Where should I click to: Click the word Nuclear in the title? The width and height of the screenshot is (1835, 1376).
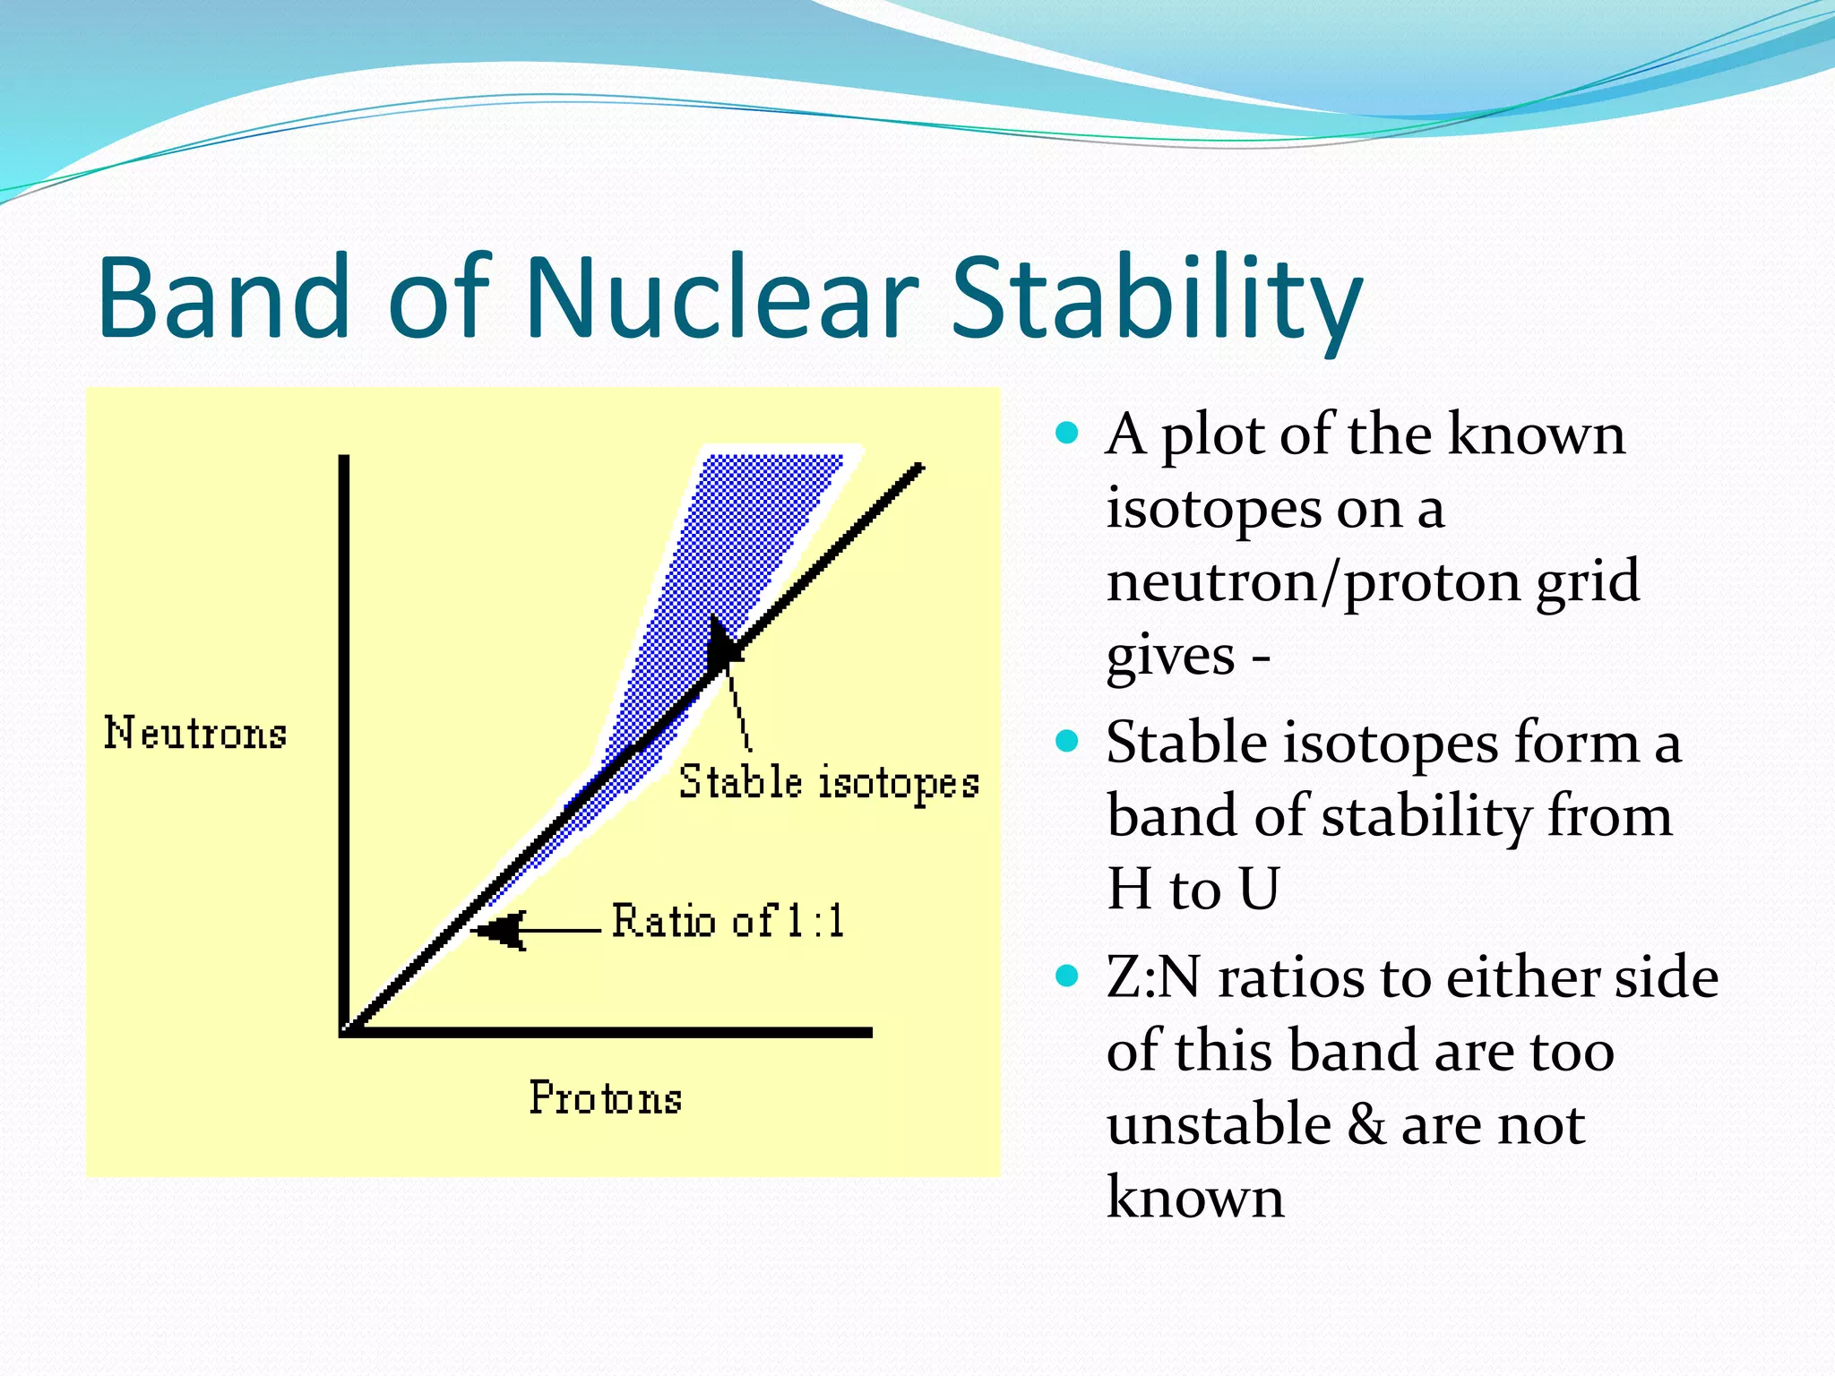tap(722, 297)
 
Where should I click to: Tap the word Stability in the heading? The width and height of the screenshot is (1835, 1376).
tap(1156, 297)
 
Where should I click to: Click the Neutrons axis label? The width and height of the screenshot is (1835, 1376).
tap(195, 734)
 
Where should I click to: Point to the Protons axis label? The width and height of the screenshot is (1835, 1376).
tap(606, 1098)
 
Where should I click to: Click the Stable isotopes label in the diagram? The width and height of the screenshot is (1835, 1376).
tap(829, 783)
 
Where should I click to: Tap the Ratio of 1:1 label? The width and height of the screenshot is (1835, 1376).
tap(728, 922)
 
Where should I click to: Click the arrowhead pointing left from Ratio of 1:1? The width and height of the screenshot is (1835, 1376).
tap(498, 931)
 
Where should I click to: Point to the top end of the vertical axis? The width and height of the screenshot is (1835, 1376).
tap(344, 460)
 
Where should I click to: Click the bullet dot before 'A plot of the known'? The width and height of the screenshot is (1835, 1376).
tap(1066, 434)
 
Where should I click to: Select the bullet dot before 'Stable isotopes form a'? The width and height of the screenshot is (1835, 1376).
tap(1066, 742)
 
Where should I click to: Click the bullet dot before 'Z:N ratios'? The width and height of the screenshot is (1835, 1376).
tap(1066, 976)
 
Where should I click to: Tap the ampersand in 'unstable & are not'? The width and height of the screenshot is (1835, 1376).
tap(1365, 1125)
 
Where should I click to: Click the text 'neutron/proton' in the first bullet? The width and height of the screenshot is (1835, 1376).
tap(1312, 581)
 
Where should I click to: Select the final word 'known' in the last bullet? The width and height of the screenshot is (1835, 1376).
tap(1195, 1199)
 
